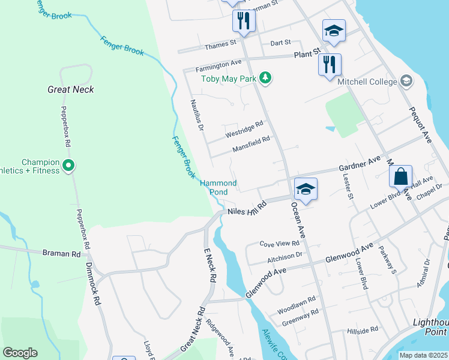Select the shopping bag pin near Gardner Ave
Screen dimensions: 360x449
[x=400, y=177]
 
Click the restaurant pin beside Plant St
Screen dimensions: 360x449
[x=329, y=64]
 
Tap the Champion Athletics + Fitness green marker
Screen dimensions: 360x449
[x=68, y=165]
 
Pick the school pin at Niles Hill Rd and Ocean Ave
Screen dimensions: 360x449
[x=306, y=190]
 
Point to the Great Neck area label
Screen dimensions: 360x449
[x=71, y=89]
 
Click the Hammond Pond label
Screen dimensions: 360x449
[x=218, y=187]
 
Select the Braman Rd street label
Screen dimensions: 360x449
[x=61, y=254]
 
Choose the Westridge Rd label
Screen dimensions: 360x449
[x=244, y=127]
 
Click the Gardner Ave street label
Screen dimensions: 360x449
[x=360, y=163]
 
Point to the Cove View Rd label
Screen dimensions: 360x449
[x=279, y=244]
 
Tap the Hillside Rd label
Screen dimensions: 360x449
[x=363, y=330]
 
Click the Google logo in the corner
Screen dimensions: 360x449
[x=20, y=352]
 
